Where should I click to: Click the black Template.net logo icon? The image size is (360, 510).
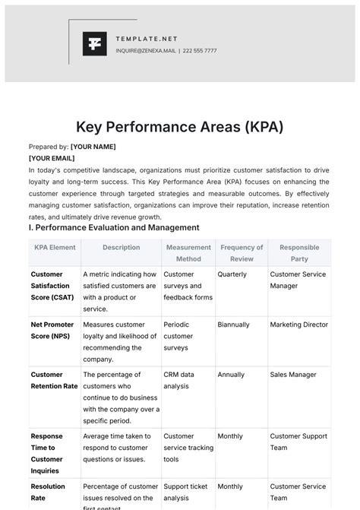click(95, 44)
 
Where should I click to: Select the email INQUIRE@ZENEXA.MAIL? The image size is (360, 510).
click(145, 51)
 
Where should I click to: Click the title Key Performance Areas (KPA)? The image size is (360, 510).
click(180, 126)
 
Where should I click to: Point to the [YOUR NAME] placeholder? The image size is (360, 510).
click(93, 147)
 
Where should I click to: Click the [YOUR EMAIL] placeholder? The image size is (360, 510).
click(52, 158)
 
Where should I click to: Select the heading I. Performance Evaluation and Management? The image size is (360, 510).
click(113, 227)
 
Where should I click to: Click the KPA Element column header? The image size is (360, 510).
click(55, 247)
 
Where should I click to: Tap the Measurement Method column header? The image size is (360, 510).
click(188, 253)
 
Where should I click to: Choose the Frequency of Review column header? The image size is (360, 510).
click(242, 253)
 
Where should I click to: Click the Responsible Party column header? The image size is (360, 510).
click(298, 253)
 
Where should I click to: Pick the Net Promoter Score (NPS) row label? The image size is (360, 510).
click(53, 331)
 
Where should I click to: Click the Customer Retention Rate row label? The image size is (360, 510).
click(54, 380)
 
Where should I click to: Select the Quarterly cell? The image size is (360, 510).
click(232, 274)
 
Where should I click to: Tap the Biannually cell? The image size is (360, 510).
click(234, 325)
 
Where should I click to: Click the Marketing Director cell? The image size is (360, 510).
click(298, 325)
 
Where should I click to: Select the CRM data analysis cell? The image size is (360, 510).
click(179, 380)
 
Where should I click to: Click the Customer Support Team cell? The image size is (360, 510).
click(298, 442)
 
